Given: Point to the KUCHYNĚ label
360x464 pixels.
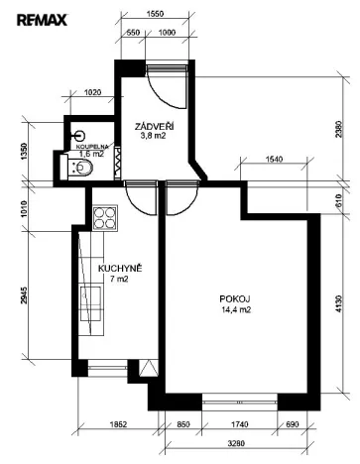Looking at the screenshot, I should [x=119, y=268].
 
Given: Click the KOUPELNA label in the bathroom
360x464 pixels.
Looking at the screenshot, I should [x=91, y=146].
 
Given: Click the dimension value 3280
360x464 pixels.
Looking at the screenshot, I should [x=236, y=443].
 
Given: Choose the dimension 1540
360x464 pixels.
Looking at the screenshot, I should [x=277, y=159].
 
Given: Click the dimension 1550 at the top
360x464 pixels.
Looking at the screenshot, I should [x=155, y=16].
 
